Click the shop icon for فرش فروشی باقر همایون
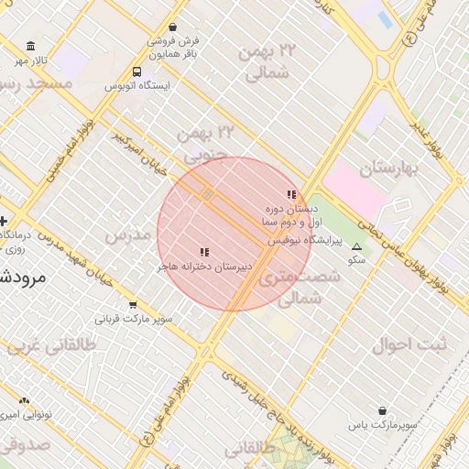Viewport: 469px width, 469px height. [x=173, y=27]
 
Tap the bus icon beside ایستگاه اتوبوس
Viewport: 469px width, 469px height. [x=136, y=71]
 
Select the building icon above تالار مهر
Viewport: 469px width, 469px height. [x=32, y=47]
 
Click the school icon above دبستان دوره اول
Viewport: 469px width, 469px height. [x=291, y=194]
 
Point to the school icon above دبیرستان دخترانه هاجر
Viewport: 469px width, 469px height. [x=204, y=252]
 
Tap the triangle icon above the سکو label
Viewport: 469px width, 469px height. [x=356, y=247]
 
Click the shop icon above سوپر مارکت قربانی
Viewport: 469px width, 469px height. [x=134, y=305]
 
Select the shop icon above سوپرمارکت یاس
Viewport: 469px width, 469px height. [x=382, y=411]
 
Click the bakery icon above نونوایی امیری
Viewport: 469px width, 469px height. [x=24, y=400]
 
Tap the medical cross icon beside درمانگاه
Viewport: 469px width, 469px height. [x=4, y=221]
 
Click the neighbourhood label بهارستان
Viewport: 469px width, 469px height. [x=388, y=169]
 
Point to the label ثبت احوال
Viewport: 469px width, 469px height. [x=409, y=345]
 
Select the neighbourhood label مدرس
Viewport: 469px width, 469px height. [x=127, y=235]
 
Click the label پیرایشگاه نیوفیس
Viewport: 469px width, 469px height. [x=304, y=241]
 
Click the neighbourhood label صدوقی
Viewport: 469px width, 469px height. [x=23, y=446]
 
